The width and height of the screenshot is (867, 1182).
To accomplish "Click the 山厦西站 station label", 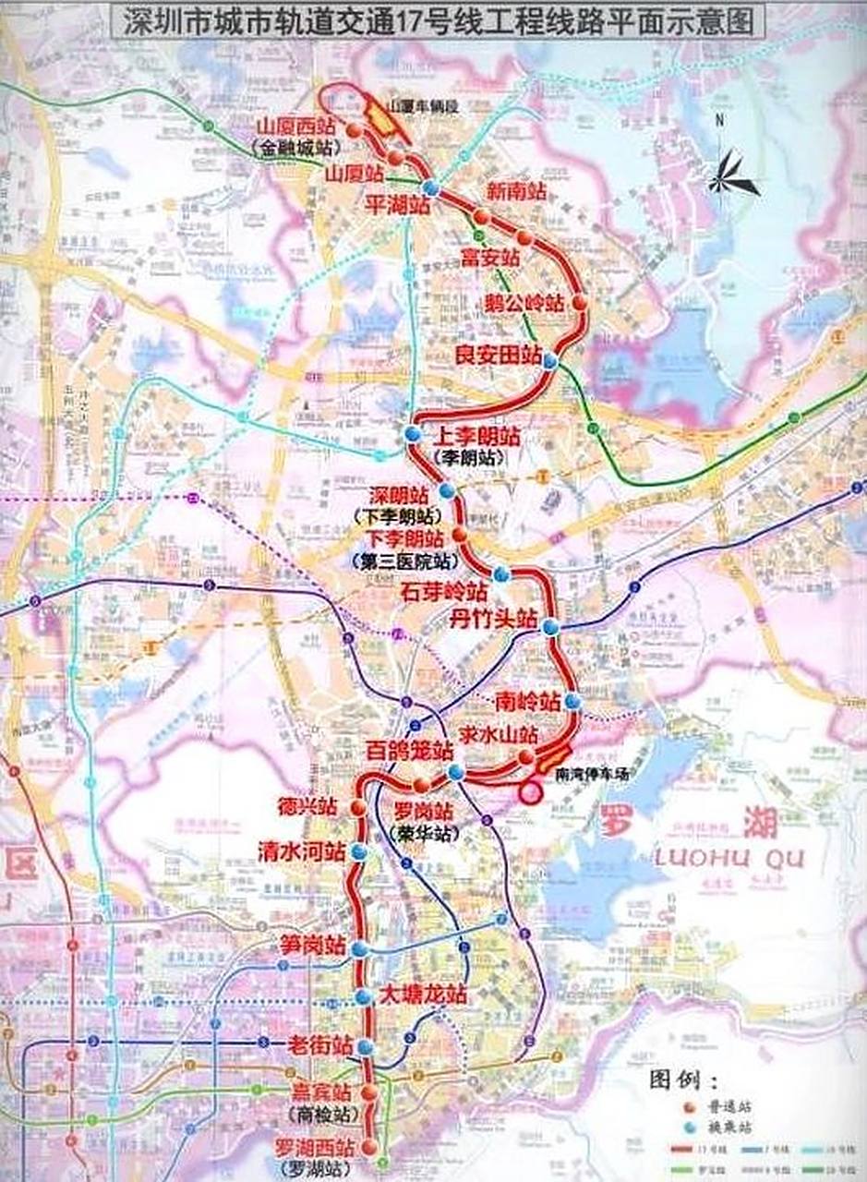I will (297, 128).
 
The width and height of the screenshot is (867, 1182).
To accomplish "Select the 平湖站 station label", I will (399, 204).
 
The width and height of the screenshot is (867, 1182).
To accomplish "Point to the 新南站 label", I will (517, 192).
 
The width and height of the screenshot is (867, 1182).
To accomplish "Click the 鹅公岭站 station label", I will (524, 303).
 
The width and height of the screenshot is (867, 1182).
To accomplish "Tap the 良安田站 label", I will (499, 354).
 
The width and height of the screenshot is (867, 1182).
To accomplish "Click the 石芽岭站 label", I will (443, 592).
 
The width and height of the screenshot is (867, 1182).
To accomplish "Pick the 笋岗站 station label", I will (313, 947).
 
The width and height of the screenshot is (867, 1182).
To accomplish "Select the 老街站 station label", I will (319, 1046).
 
